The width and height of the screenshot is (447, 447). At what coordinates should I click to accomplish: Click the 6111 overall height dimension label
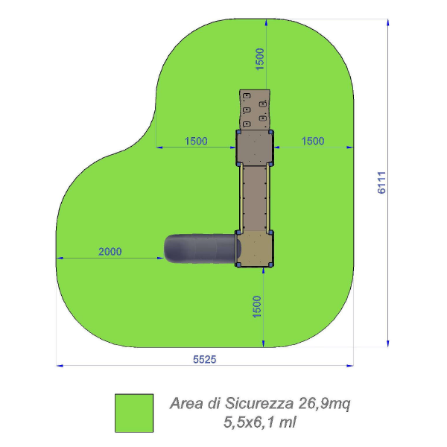coord(381,183)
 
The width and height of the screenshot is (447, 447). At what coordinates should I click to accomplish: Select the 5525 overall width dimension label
coord(204,360)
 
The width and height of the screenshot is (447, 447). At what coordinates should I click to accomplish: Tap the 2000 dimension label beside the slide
coord(110,252)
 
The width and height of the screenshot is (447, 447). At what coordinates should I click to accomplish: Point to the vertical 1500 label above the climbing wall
coord(260,60)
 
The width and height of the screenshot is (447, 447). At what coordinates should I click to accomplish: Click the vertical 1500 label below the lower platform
coord(257,307)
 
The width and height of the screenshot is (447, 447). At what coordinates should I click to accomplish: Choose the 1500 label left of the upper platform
coord(196,141)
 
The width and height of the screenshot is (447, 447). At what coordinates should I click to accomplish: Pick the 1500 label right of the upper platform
coord(313,141)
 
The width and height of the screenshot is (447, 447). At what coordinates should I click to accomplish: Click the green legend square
coord(134,413)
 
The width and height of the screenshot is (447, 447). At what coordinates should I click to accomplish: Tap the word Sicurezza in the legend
coord(259,403)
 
